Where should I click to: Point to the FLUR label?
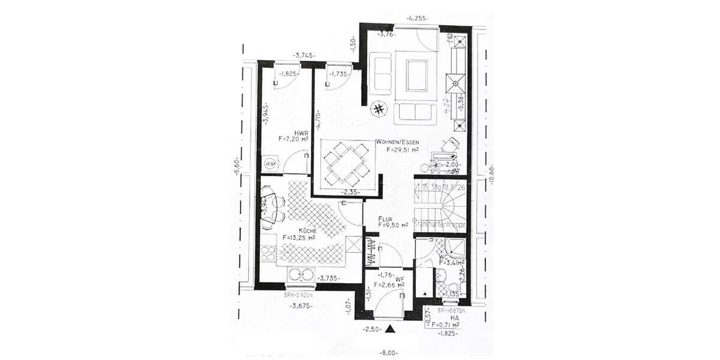click(386, 219)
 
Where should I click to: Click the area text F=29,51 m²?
click(403, 150)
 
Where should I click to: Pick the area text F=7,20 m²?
click(293, 139)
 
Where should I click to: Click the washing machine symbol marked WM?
click(270, 163)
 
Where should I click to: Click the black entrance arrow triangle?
click(391, 328)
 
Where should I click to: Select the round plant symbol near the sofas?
click(379, 109)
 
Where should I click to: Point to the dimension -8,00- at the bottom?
click(389, 353)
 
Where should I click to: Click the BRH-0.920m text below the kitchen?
click(298, 295)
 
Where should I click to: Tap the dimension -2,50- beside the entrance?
click(373, 329)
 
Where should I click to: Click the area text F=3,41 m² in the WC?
click(453, 262)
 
